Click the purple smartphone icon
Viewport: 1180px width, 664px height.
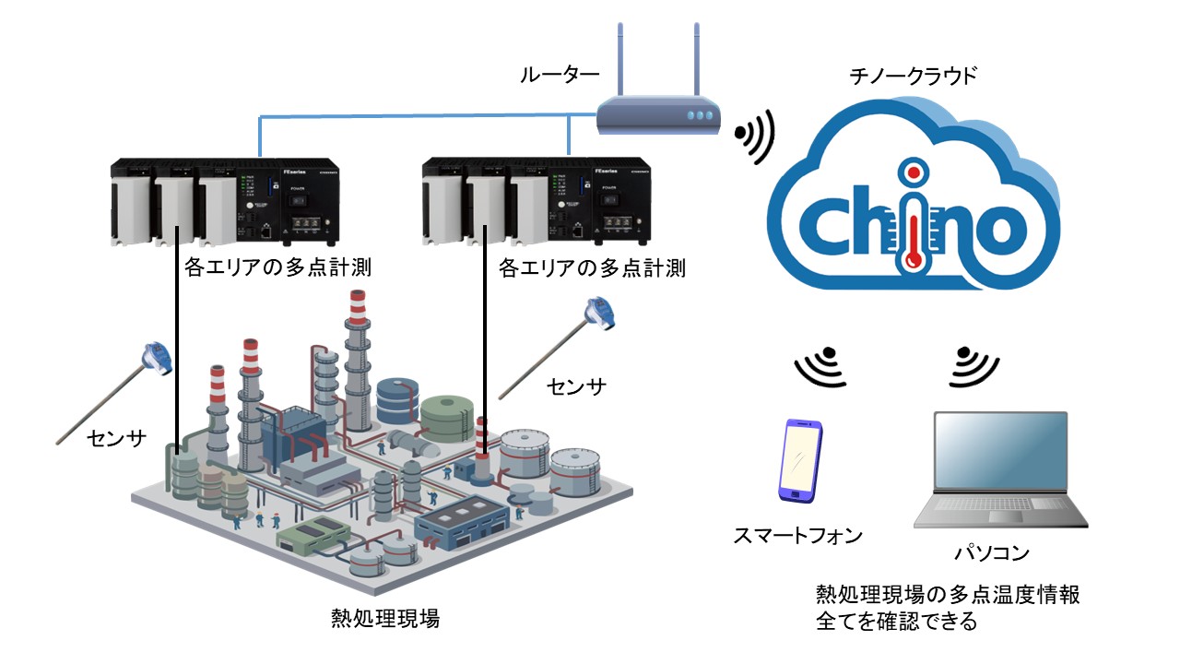pyautogui.click(x=800, y=460)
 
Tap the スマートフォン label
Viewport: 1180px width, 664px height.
pyautogui.click(x=799, y=534)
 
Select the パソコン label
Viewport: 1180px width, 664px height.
pyautogui.click(x=991, y=553)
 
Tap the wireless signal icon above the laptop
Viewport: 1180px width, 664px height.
pyautogui.click(x=974, y=363)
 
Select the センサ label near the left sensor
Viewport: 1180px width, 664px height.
pyautogui.click(x=117, y=438)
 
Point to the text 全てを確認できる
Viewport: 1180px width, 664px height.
pyautogui.click(x=896, y=622)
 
